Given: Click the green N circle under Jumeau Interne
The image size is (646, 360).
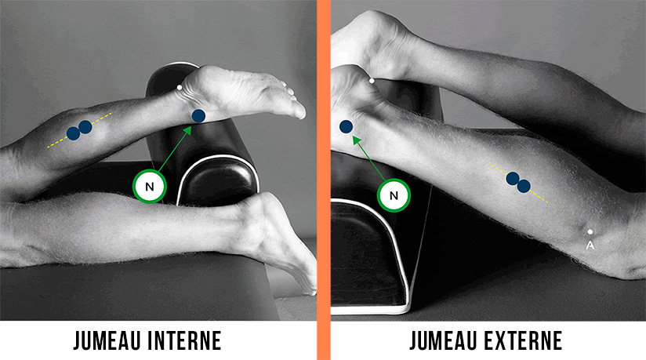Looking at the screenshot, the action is [x=150, y=187].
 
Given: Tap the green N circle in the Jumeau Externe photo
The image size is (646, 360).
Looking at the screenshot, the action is [x=394, y=195].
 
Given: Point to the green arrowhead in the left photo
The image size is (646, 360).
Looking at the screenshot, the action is [x=188, y=130].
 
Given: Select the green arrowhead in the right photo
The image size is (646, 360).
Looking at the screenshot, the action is [x=357, y=141].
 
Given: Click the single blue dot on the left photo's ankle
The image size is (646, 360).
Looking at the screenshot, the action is [x=198, y=116].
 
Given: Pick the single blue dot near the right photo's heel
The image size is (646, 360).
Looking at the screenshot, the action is [x=346, y=126].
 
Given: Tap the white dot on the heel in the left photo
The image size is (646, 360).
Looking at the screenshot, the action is [x=180, y=87].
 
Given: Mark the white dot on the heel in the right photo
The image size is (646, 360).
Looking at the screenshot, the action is [x=372, y=82].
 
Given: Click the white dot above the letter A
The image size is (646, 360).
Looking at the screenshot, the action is [x=590, y=232].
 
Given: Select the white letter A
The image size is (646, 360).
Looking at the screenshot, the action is [x=590, y=245].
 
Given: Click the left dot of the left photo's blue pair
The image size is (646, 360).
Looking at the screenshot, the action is [x=74, y=133].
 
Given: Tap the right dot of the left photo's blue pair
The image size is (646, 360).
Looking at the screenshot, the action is [x=85, y=127].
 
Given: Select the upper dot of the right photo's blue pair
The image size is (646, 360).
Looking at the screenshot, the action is [x=513, y=179].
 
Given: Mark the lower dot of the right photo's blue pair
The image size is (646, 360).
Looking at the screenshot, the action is [x=524, y=186].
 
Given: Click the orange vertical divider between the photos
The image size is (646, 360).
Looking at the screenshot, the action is [x=324, y=180].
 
